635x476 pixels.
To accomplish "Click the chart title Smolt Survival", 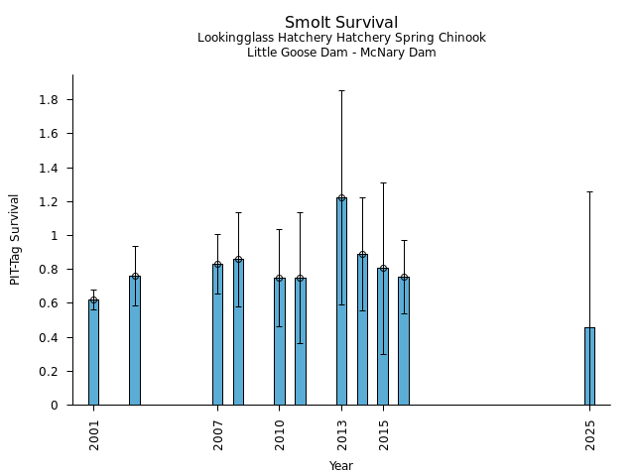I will pyautogui.click(x=341, y=23).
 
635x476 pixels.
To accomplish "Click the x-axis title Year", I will pyautogui.click(x=341, y=466).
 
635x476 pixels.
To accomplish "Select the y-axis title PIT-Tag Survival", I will pyautogui.click(x=15, y=239).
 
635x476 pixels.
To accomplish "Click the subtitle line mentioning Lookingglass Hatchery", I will pyautogui.click(x=341, y=39).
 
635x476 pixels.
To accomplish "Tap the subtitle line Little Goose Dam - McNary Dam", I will pyautogui.click(x=341, y=53).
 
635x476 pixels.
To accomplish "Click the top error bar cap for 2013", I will pyautogui.click(x=341, y=91).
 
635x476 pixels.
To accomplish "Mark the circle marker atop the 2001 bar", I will pyautogui.click(x=93, y=300).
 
